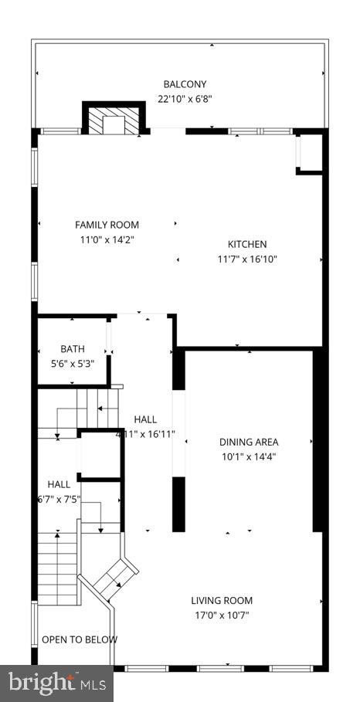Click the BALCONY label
[x=185, y=84]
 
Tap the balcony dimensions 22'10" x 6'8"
[x=185, y=99]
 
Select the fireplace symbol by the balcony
[x=114, y=120]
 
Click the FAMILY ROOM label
[x=107, y=225]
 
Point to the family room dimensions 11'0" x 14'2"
[x=107, y=239]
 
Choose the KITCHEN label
[x=246, y=244]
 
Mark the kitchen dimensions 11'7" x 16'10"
[x=246, y=259]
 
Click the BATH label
[x=73, y=349]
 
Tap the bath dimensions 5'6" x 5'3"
[x=73, y=364]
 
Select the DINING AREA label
[x=249, y=442]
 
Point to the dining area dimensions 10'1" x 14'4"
[x=249, y=456]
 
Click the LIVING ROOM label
[x=222, y=600]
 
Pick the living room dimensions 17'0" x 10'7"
[x=222, y=616]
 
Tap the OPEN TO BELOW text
[x=80, y=639]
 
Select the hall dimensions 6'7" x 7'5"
[x=59, y=499]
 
